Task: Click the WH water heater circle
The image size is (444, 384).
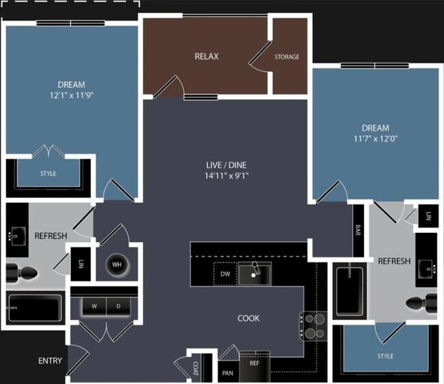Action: [x=117, y=265]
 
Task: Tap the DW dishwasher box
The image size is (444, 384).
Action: [x=225, y=274]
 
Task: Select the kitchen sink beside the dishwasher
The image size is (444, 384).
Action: [x=255, y=273]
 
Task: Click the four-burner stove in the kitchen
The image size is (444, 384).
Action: [x=313, y=326]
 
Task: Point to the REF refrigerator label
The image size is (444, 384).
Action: [x=254, y=363]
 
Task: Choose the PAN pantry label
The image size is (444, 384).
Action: [x=228, y=373]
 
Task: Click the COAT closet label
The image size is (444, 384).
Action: [x=195, y=368]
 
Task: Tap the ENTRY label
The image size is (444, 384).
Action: [x=50, y=361]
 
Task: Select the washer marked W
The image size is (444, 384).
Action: [x=94, y=306]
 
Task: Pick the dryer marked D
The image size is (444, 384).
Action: [x=118, y=306]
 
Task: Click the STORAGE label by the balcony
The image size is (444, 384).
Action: [x=287, y=57]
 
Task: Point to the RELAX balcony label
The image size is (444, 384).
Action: [x=207, y=56]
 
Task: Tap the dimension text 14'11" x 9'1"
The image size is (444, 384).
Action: [x=227, y=176]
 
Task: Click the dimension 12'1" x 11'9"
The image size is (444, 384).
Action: [x=72, y=95]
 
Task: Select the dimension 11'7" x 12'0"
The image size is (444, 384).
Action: [x=376, y=139]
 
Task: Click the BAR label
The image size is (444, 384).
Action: [x=358, y=230]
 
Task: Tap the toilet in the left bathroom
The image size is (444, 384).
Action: [x=22, y=273]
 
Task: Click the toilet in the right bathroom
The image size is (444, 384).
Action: [x=421, y=303]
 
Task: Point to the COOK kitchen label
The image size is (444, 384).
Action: [x=249, y=318]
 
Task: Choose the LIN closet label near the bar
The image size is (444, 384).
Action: [x=428, y=216]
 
